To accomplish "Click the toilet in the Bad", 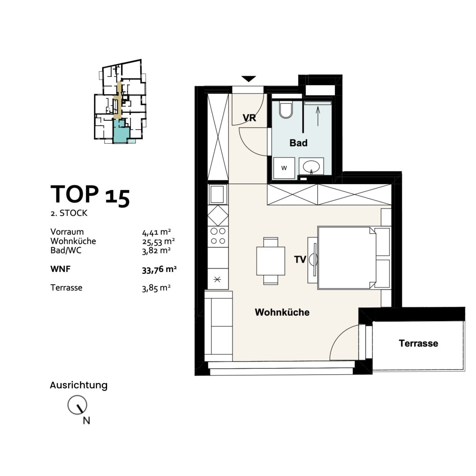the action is pyautogui.click(x=286, y=109).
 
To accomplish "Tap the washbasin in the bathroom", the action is pyautogui.click(x=311, y=167).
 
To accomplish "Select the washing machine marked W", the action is pyautogui.click(x=284, y=168).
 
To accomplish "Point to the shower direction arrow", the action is pyautogui.click(x=318, y=116).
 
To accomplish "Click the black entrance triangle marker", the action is pyautogui.click(x=249, y=79).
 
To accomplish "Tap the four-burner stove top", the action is pyautogui.click(x=218, y=236).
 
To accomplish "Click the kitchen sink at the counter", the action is pyautogui.click(x=218, y=194).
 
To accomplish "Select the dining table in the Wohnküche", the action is pyautogui.click(x=271, y=261).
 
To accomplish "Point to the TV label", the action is pyautogui.click(x=300, y=260).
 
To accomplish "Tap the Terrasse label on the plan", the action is pyautogui.click(x=418, y=343).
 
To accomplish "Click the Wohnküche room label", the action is pyautogui.click(x=282, y=312).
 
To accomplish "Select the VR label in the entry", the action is pyautogui.click(x=249, y=118).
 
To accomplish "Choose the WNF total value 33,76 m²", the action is pyautogui.click(x=159, y=269).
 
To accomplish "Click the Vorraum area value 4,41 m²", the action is pyautogui.click(x=156, y=232).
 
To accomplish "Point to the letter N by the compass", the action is pyautogui.click(x=86, y=420).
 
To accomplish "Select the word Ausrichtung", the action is pyautogui.click(x=78, y=385).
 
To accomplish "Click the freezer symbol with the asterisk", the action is pyautogui.click(x=218, y=279).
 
